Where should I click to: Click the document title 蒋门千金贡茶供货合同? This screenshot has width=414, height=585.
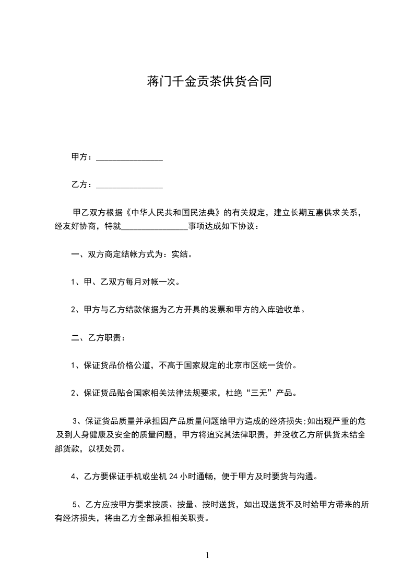207,82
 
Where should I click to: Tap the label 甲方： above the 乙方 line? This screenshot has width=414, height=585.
82,156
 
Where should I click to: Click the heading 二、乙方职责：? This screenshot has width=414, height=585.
98,338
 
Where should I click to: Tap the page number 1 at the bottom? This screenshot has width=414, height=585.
207,555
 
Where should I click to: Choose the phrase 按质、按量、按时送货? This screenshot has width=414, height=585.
196,504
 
